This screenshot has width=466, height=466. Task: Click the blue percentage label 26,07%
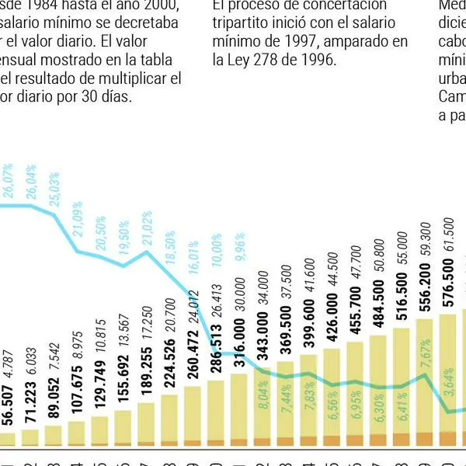click(x=8, y=180)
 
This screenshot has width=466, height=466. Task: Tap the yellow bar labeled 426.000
click(x=332, y=392)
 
